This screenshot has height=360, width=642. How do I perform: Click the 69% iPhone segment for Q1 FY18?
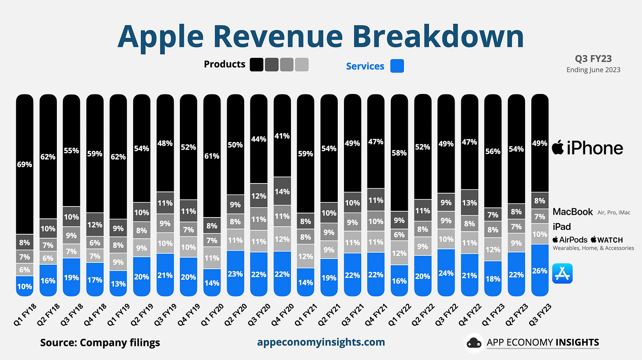point(25,164)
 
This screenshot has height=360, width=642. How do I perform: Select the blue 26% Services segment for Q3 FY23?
point(540,270)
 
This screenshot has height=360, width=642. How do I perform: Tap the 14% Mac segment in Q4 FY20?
point(282,191)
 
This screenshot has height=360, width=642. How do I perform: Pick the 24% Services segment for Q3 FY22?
point(446,272)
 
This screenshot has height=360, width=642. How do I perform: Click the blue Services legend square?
point(397,66)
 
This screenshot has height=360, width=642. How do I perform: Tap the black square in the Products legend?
point(257,64)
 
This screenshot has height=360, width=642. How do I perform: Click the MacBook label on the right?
point(573,212)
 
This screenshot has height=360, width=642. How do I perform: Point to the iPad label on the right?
point(562,227)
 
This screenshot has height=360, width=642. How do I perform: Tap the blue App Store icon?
point(562,273)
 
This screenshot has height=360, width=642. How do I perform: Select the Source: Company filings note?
point(100,342)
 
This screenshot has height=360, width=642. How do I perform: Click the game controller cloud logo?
point(474,343)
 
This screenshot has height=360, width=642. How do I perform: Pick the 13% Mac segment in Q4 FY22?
point(469,203)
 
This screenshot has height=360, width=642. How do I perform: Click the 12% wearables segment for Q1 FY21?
point(306,256)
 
